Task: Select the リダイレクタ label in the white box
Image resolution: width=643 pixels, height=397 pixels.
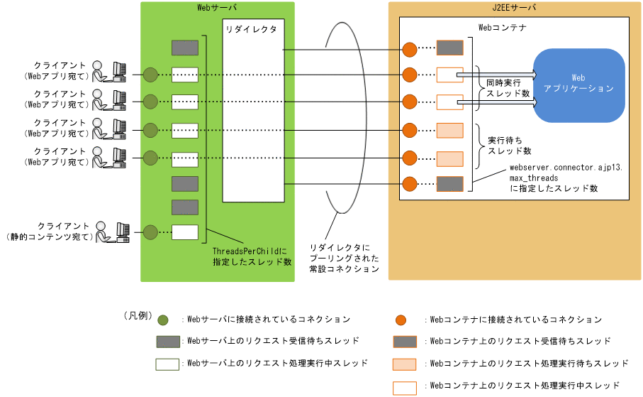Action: click(x=250, y=31)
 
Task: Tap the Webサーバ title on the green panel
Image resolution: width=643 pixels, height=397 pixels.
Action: click(x=217, y=8)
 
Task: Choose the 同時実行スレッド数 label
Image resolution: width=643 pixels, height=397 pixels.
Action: click(x=504, y=88)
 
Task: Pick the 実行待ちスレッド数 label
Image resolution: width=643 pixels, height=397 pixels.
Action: click(x=505, y=146)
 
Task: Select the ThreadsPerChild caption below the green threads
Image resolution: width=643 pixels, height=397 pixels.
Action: click(x=252, y=256)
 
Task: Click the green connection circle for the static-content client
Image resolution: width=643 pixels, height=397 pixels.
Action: click(x=150, y=232)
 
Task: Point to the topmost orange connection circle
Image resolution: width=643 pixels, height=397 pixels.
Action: click(x=409, y=50)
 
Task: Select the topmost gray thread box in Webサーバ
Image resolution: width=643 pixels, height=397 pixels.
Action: click(x=185, y=48)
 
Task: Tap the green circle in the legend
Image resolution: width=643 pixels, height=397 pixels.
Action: click(x=163, y=320)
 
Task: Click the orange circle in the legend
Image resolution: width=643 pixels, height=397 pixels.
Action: click(x=401, y=320)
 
